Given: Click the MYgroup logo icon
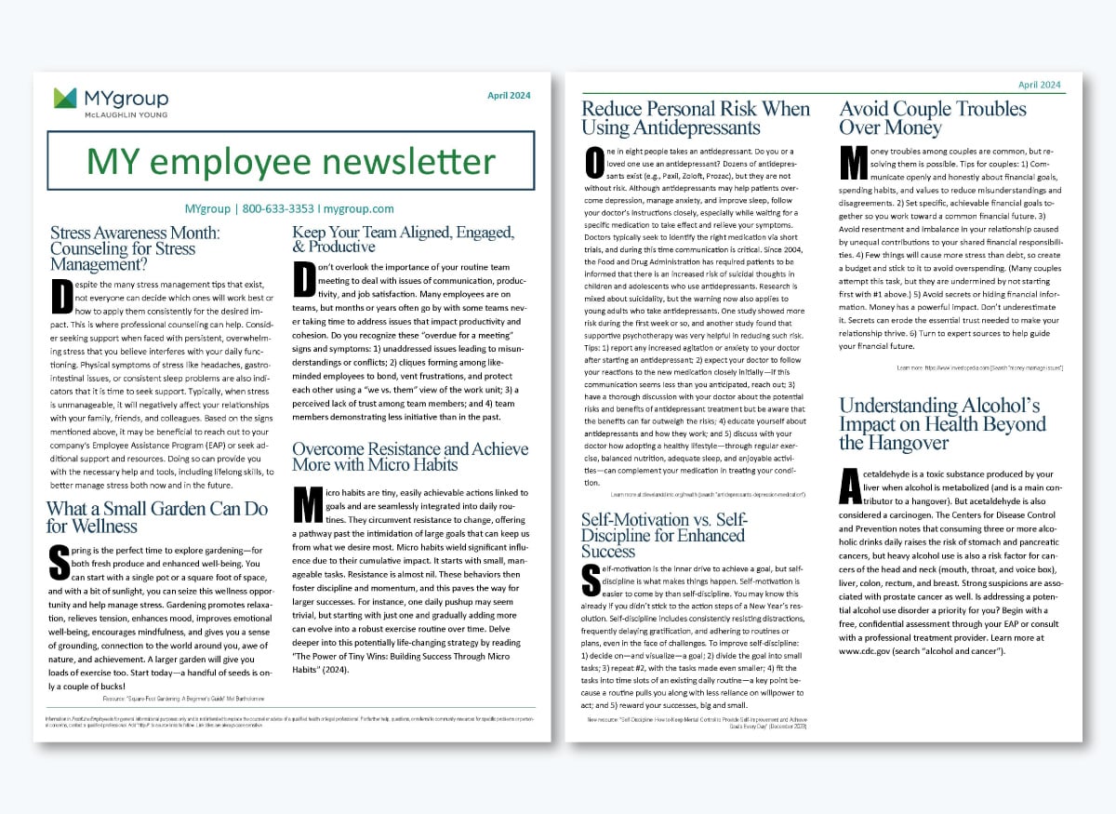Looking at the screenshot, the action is point(64,98).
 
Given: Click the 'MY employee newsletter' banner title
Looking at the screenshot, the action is point(290,161).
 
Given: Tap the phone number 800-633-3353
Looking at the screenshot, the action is point(277,208).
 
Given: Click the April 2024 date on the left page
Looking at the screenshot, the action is point(511,95).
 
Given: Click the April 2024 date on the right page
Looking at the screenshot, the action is point(1040,85).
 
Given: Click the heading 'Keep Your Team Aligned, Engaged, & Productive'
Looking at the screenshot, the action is point(403,239).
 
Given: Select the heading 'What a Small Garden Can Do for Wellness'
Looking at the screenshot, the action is point(157,517).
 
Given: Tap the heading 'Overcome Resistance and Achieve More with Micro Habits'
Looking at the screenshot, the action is point(410,456).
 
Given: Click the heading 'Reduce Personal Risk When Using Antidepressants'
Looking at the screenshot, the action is point(696,118).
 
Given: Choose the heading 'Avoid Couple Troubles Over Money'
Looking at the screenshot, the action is point(933,118).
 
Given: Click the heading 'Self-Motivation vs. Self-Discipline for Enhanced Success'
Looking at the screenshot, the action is point(665,535).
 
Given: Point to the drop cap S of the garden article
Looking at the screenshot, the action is point(59,561).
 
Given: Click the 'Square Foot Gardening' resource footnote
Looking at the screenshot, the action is point(176,697).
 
